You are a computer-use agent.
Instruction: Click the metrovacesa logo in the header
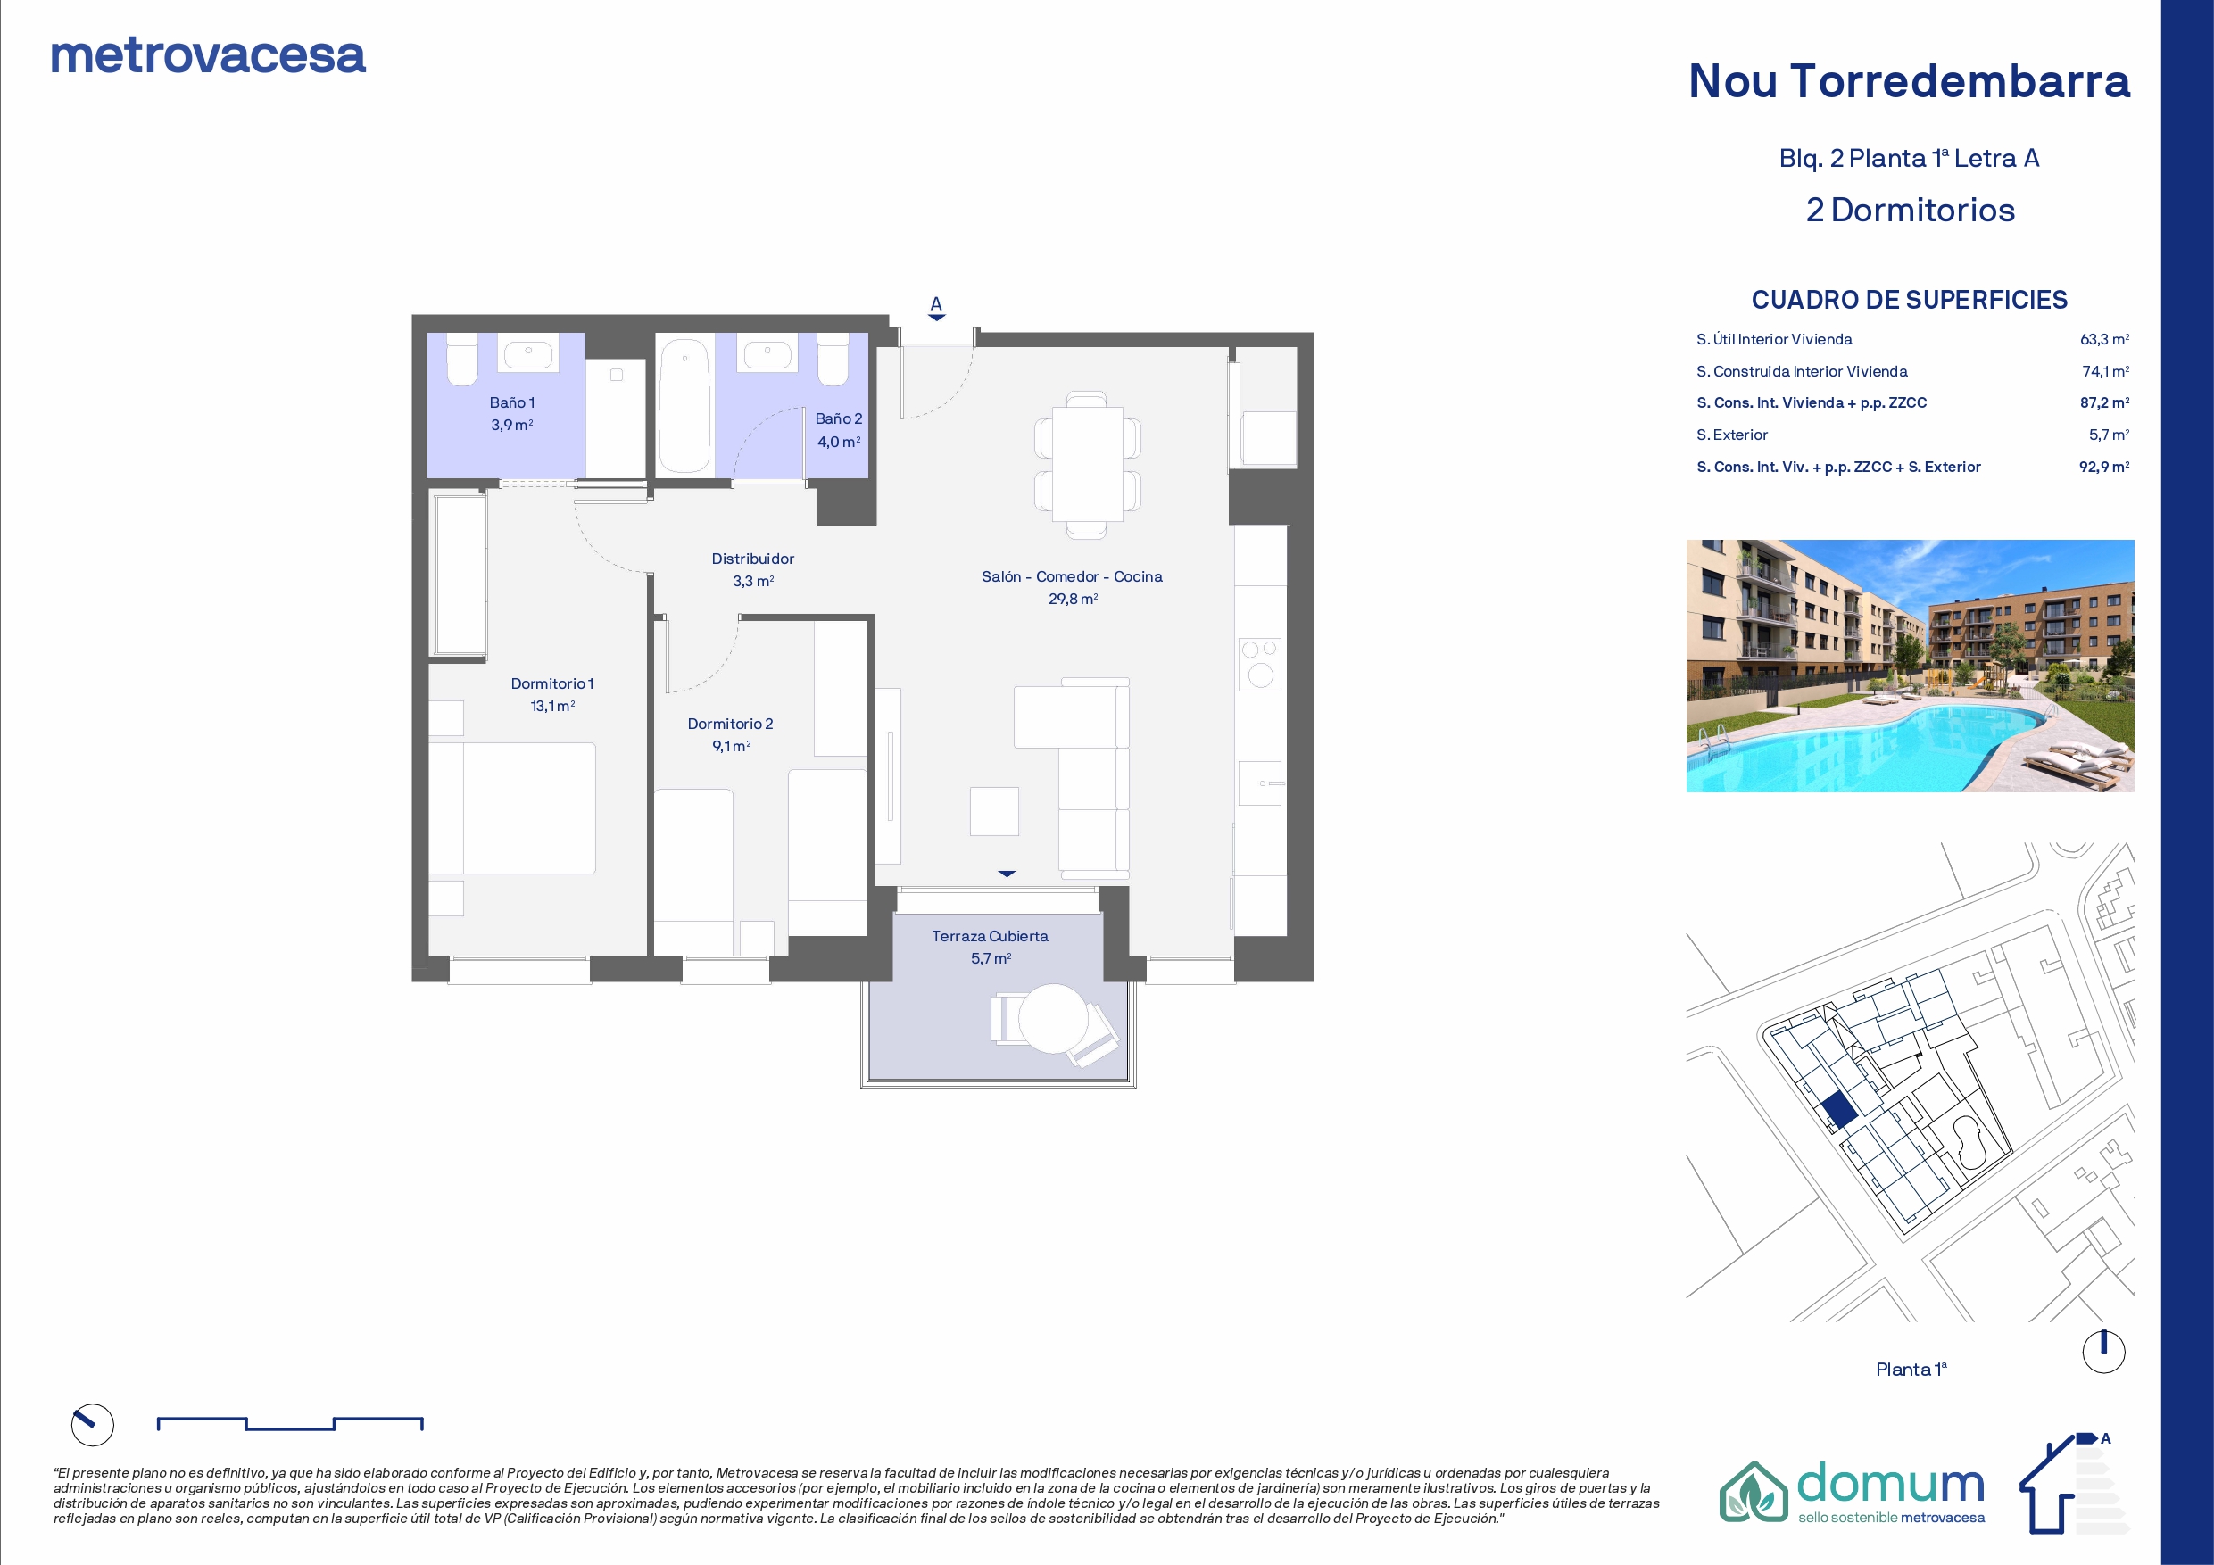point(208,56)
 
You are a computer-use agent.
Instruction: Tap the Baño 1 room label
point(512,403)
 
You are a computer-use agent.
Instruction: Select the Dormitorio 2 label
point(730,725)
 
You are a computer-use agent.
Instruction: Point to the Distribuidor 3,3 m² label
point(753,570)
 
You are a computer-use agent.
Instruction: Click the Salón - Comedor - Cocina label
point(1073,576)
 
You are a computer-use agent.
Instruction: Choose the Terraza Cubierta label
point(990,936)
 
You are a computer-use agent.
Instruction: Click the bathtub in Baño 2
point(684,405)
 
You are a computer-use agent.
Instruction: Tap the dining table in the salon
point(1088,464)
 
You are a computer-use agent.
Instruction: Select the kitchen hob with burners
point(1259,665)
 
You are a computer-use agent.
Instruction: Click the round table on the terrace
point(1053,1018)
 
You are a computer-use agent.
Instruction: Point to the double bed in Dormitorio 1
point(512,808)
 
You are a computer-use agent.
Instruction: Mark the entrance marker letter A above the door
point(935,303)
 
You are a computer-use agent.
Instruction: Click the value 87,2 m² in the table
point(2104,403)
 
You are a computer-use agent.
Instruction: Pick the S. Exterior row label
point(1732,435)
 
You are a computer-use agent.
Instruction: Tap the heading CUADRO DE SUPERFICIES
point(1910,300)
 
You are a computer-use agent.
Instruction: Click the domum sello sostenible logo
point(1853,1493)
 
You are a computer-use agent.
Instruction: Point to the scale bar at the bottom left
point(290,1423)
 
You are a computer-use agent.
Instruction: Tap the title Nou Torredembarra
point(1910,81)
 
